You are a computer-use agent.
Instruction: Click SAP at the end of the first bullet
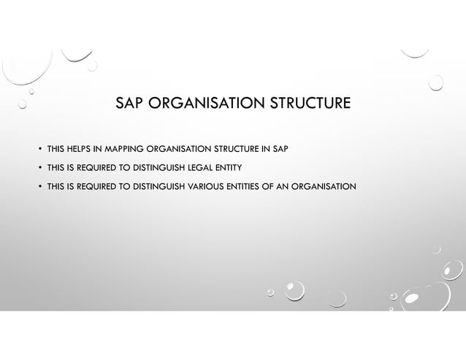pyautogui.click(x=280, y=150)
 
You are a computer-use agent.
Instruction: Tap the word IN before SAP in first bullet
pyautogui.click(x=265, y=150)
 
